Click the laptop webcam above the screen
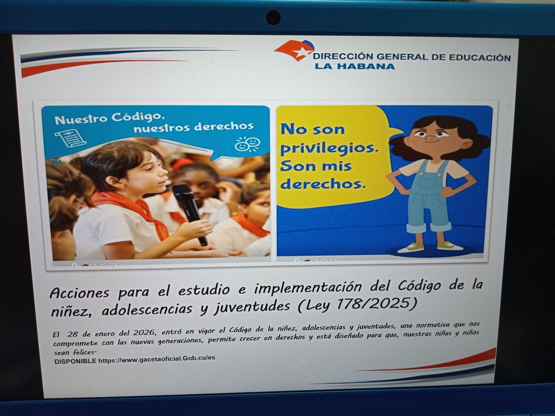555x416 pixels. [x=273, y=18]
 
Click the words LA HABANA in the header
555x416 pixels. [x=355, y=67]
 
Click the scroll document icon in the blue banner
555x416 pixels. [x=71, y=138]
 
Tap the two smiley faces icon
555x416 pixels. [x=247, y=144]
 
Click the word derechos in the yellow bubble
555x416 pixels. [x=322, y=184]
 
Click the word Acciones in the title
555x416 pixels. [x=80, y=292]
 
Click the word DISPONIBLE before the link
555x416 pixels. [x=75, y=361]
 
